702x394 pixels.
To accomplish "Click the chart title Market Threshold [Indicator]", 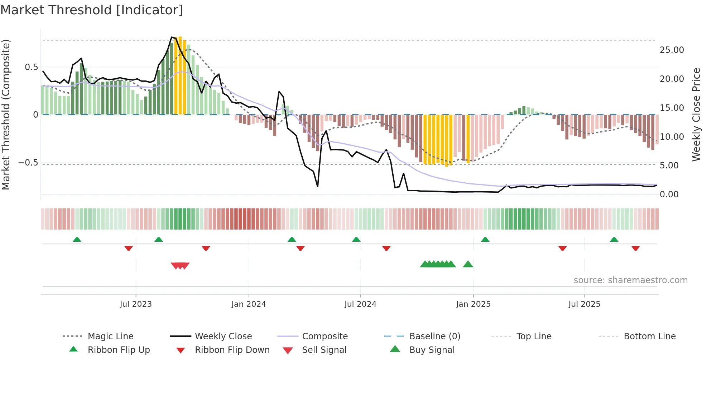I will [x=92, y=10].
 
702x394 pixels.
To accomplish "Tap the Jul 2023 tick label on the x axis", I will [x=136, y=304].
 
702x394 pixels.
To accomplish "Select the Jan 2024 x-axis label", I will [x=249, y=304].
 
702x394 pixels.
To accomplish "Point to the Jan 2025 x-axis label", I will [x=473, y=304].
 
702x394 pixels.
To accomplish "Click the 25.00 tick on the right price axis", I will [x=672, y=50].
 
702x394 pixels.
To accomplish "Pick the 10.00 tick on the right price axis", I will [x=672, y=137].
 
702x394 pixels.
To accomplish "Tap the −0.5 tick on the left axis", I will [x=28, y=163].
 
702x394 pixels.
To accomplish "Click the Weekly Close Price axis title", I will [x=696, y=114].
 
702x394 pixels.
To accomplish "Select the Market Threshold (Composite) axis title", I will [x=6, y=114].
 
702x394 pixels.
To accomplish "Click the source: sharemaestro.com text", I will [x=630, y=280].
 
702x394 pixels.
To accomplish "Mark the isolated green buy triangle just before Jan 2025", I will [x=468, y=265].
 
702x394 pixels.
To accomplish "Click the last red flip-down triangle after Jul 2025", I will [x=635, y=248].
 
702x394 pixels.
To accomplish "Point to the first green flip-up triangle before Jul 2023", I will [x=77, y=240].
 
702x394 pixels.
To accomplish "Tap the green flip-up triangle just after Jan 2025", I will [x=485, y=240].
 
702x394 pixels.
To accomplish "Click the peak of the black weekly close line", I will [x=172, y=37].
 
